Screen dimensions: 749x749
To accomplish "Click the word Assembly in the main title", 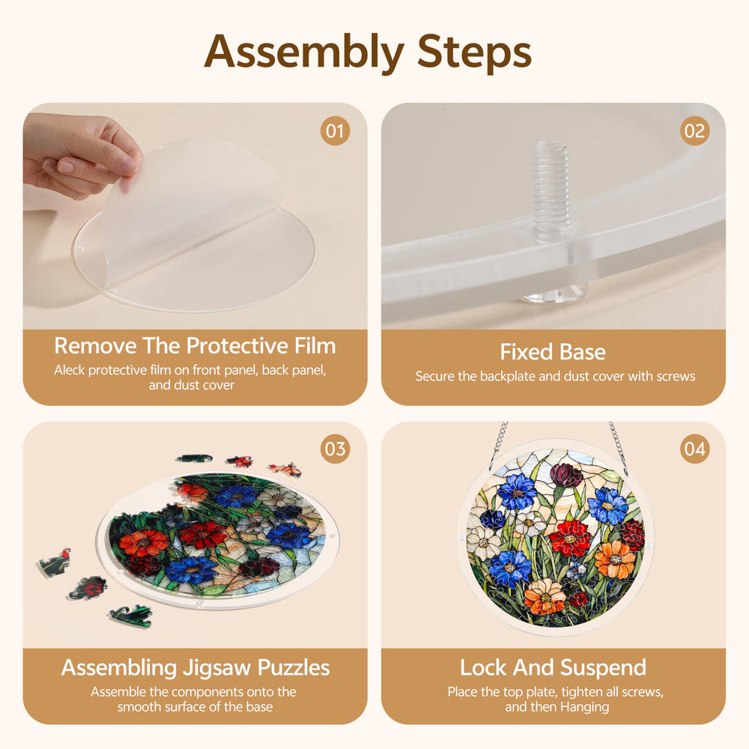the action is coord(304,52).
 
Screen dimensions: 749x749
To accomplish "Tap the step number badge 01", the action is coord(335,131).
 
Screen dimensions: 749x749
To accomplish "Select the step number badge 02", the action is coord(694,131).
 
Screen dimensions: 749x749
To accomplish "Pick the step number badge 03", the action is coord(335,449).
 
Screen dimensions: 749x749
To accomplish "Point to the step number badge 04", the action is coord(694,449).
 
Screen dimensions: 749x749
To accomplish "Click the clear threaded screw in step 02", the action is coord(554,222).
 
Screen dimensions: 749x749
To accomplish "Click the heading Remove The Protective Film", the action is coord(195,346).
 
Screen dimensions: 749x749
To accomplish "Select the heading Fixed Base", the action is coord(553,352).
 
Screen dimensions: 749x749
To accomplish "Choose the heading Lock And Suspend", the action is coord(553,667).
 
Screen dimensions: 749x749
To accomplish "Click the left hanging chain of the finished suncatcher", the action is coord(499,443).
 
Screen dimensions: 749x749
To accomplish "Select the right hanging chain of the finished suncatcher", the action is coord(618,443).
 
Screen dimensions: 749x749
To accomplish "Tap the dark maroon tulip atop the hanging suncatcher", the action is coord(566,475).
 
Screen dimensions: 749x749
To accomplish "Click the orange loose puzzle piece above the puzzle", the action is coord(285,470).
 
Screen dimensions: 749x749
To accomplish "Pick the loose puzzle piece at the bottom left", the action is coord(130,616).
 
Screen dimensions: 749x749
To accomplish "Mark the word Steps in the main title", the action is coord(474,52).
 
